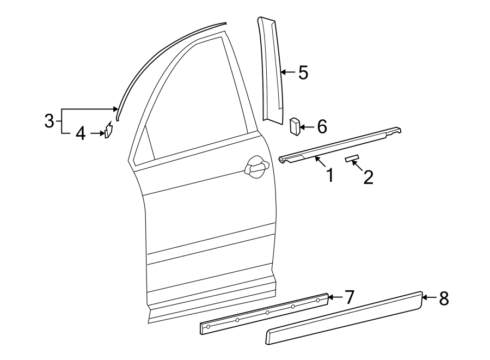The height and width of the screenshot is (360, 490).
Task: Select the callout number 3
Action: coord(49,120)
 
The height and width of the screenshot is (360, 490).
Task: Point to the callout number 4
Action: coord(81,133)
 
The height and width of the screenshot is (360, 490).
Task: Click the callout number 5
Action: coord(303,72)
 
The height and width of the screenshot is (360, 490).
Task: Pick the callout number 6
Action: coord(321,127)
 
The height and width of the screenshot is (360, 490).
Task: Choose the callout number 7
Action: coord(348,297)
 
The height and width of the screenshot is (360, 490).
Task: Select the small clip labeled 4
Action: coord(108,131)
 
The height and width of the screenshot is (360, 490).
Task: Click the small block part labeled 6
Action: coord(295,126)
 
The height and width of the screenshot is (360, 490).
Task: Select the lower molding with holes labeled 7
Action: coord(265,314)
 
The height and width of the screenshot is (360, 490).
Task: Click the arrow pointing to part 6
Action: coord(307,127)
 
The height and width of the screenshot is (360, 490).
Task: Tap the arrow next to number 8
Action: coord(428,298)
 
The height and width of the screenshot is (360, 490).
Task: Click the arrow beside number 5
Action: coord(288,72)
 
